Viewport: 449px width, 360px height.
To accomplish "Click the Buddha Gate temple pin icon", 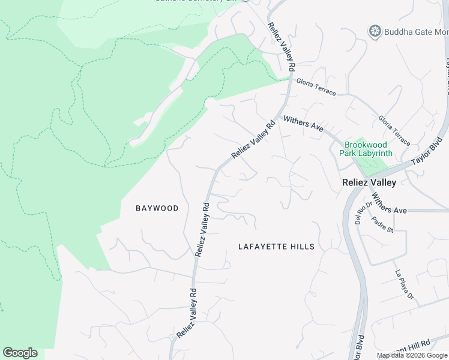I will (x=376, y=31).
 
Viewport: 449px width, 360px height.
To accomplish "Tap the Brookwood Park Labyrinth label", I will (x=368, y=149).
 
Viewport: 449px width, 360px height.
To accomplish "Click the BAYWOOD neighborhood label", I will (x=157, y=208).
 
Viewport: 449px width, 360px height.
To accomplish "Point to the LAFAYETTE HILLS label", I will (x=276, y=247).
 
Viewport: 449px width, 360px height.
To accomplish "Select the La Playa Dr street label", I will (x=404, y=284).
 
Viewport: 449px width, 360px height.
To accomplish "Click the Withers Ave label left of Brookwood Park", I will (x=303, y=125).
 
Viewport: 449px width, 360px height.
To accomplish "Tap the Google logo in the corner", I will (x=20, y=353).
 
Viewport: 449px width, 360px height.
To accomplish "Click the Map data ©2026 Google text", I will (x=412, y=355).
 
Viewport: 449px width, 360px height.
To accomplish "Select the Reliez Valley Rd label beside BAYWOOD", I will (x=202, y=229).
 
